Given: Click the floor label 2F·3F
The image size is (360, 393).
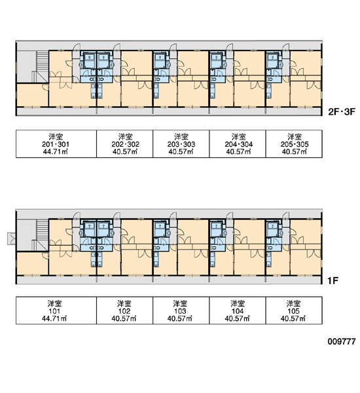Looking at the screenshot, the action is click(342, 111).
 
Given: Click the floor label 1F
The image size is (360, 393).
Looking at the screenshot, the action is click(333, 281).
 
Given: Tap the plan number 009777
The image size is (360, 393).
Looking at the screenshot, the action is click(342, 341).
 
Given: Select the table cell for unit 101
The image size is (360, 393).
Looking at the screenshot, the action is click(56, 310).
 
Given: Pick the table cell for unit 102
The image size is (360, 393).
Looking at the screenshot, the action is click(124, 310).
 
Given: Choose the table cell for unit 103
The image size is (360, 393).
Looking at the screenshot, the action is click(181, 310).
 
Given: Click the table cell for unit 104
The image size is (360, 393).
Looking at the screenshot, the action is click(238, 310).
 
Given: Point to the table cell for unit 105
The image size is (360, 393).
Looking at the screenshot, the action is click(294, 310).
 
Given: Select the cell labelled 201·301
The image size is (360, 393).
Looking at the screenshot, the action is click(56, 144).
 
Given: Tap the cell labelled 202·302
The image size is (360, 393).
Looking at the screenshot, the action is click(124, 144).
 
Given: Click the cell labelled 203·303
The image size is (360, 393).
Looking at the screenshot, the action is click(181, 144).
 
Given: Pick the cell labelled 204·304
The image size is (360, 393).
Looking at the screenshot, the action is click(238, 144).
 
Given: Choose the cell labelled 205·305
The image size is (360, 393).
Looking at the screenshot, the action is click(294, 144).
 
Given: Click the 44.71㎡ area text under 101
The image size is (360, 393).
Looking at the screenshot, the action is click(54, 318).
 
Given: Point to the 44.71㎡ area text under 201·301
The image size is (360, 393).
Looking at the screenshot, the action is click(56, 151).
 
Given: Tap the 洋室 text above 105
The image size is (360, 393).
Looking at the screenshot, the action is click(293, 304).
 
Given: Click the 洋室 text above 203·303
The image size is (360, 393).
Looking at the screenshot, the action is click(181, 137).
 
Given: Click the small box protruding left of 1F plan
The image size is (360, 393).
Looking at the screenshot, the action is click(11, 238).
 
